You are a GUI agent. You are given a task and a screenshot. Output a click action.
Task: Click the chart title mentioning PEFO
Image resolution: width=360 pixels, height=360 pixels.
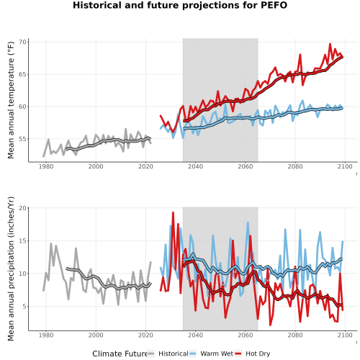[180, 5]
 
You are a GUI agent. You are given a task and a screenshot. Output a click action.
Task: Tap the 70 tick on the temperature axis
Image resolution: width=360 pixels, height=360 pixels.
[22, 42]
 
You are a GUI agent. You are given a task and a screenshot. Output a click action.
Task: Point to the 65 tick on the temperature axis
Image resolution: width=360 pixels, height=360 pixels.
[22, 74]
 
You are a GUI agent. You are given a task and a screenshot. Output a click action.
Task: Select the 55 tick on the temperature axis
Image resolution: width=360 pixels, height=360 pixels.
[22, 139]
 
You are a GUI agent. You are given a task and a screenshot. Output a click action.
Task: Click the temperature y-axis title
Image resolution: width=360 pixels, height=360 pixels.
[11, 100]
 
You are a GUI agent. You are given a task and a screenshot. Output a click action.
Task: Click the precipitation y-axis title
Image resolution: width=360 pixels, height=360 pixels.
[11, 269]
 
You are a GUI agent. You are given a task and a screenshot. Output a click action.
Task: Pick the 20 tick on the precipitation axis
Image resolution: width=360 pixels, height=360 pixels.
[22, 208]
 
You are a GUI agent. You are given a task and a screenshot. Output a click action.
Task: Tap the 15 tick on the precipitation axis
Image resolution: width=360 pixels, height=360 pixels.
[22, 240]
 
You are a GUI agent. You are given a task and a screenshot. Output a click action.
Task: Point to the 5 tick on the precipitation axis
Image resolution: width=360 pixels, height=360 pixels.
[24, 307]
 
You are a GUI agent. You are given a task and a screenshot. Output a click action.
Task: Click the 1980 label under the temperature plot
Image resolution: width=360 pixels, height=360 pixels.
[46, 166]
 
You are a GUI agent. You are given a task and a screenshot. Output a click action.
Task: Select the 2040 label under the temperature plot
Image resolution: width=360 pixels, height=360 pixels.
[195, 166]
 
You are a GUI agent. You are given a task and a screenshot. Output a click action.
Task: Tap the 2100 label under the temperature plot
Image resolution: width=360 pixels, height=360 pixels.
[345, 166]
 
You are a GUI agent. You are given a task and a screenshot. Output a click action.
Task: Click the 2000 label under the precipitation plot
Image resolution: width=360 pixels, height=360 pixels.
[96, 335]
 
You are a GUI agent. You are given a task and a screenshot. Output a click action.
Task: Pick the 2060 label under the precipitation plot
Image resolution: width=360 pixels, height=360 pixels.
[246, 335]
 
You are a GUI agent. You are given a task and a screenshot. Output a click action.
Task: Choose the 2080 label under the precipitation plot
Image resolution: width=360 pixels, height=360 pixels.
[295, 335]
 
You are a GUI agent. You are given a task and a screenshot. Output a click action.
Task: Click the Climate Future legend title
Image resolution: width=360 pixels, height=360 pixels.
[120, 354]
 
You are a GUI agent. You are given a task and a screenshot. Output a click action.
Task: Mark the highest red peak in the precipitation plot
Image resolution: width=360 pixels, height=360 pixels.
[173, 212]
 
